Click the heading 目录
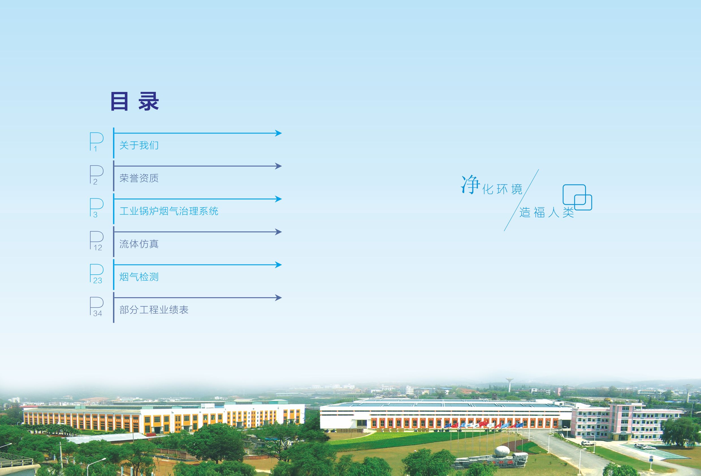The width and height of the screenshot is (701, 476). pos(135,101)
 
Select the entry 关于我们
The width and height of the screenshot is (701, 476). pos(139,145)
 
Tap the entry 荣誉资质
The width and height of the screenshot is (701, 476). pos(139,178)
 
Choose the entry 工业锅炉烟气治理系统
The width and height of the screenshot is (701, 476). pos(169,211)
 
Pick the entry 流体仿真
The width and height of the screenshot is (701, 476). pos(139,244)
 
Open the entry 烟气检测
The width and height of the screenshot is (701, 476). pos(139,277)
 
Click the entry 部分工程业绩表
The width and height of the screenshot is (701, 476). pos(154,310)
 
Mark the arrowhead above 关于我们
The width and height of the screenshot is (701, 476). pos(278,133)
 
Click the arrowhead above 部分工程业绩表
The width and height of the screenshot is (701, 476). pos(278,298)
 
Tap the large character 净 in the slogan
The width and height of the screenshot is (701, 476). pos(471,185)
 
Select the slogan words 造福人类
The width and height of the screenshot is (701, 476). pos(547,212)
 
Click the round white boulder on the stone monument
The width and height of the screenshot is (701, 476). pos(502,451)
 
